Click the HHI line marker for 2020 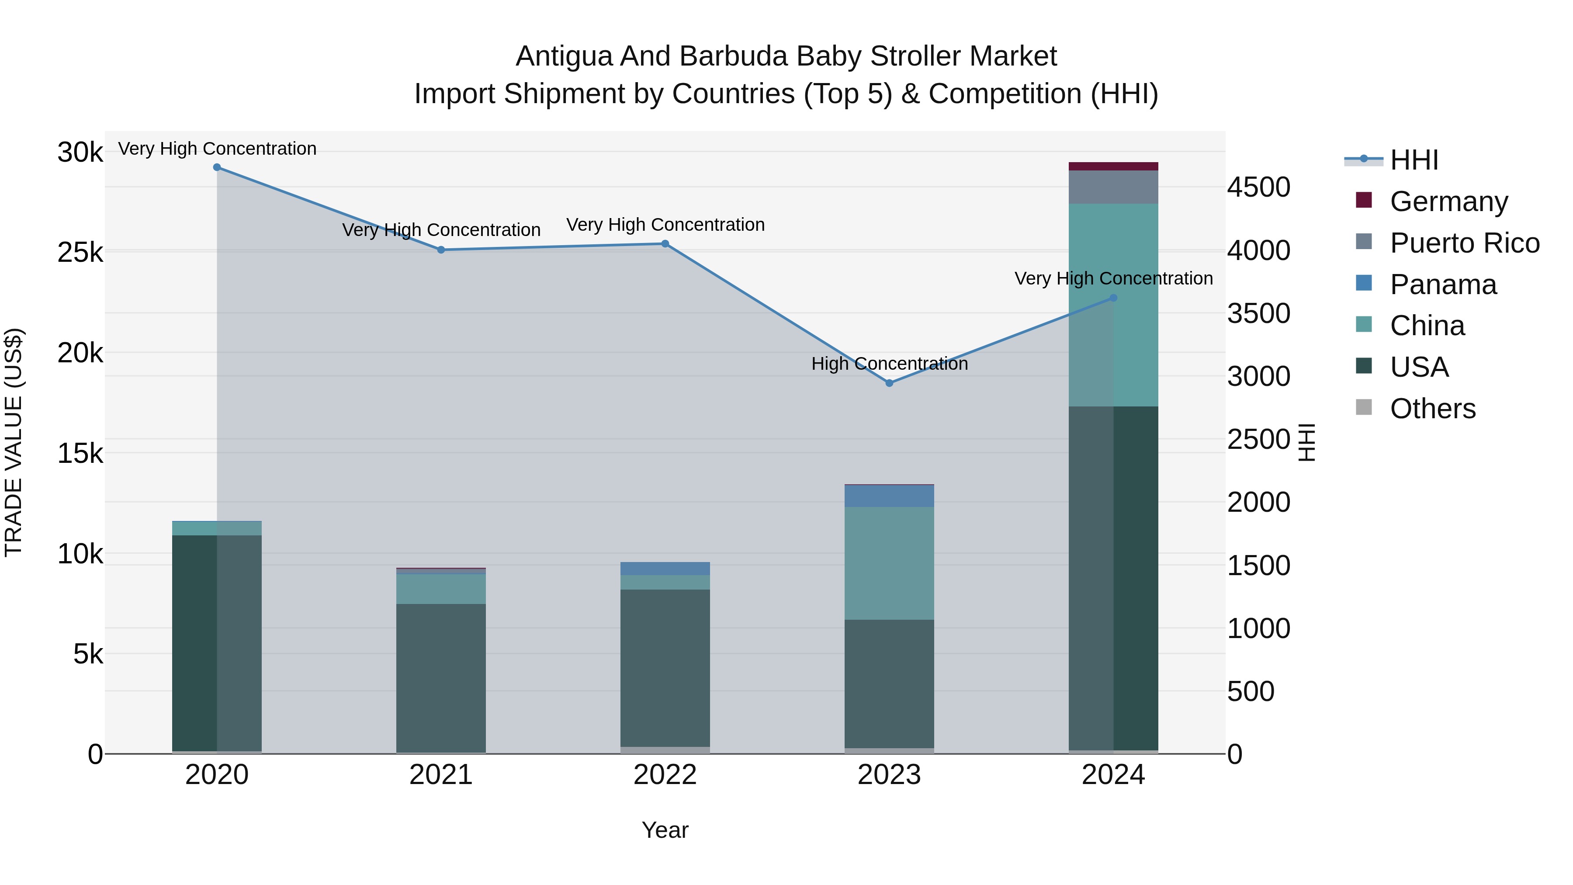click(x=217, y=167)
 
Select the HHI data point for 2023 click(x=889, y=383)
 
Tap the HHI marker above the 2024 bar click(x=1113, y=298)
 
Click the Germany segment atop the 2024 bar click(x=1113, y=166)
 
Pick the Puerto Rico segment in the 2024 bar click(x=1113, y=187)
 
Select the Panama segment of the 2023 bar click(x=889, y=496)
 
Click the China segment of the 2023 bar click(x=889, y=563)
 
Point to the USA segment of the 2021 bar click(x=441, y=678)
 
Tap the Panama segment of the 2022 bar click(x=665, y=569)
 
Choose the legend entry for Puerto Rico click(x=1464, y=243)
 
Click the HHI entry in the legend click(x=1414, y=160)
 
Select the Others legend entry click(x=1432, y=409)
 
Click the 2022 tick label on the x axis click(x=665, y=775)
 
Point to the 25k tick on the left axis click(x=80, y=252)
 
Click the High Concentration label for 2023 click(x=889, y=364)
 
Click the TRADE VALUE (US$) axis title click(x=14, y=442)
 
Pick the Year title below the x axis click(x=665, y=830)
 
